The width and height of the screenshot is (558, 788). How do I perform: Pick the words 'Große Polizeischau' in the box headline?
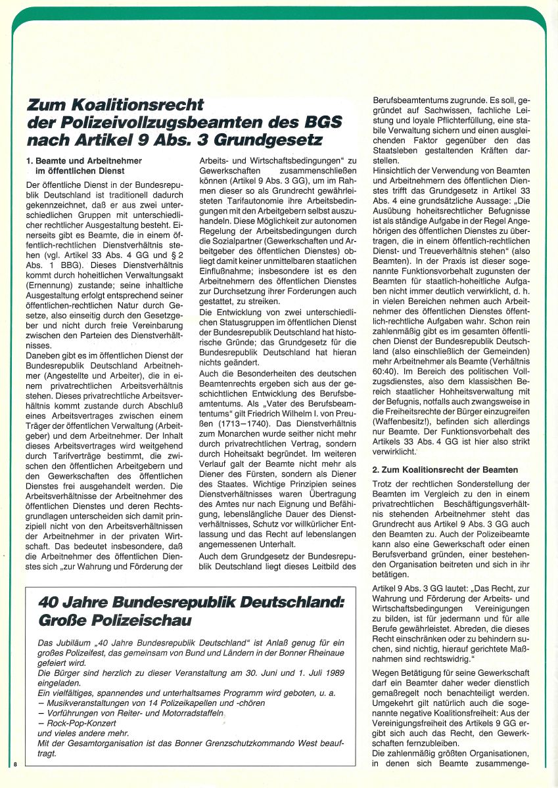pyautogui.click(x=106, y=620)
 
